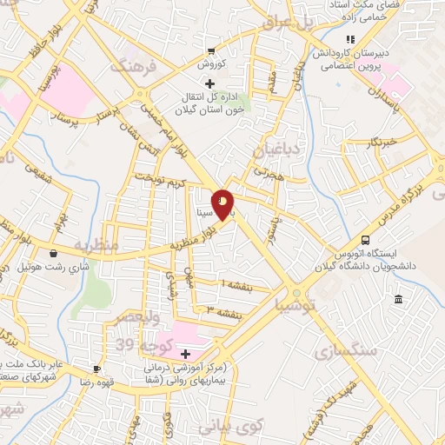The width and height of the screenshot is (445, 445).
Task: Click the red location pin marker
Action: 222,203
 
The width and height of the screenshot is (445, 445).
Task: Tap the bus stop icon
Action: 365,239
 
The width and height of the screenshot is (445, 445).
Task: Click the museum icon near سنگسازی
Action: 398,300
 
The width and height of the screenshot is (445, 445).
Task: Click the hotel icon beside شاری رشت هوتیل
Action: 54,254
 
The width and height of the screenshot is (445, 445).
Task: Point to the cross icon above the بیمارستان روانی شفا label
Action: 184,353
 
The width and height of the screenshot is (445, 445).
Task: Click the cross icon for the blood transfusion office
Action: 206,83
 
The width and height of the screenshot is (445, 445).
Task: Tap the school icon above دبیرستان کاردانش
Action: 349,39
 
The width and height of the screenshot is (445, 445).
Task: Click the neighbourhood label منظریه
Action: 97,247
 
